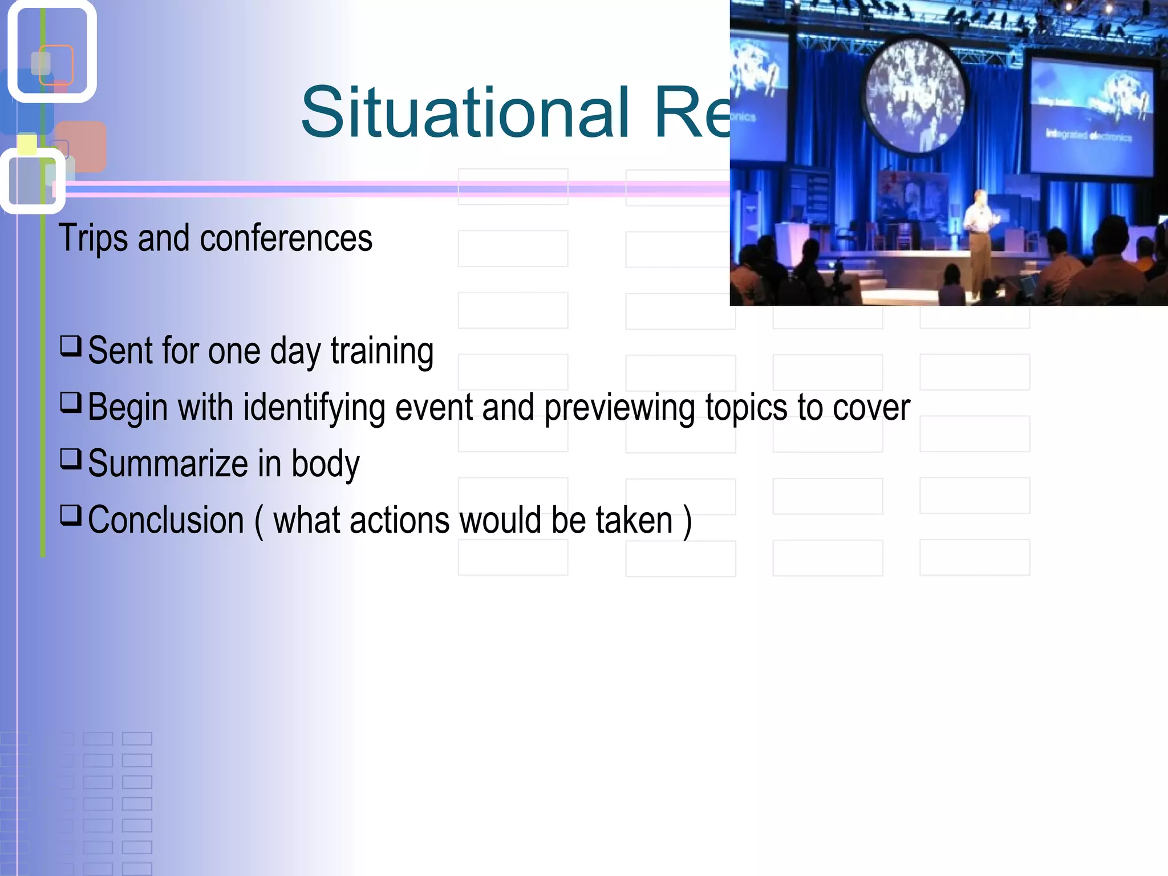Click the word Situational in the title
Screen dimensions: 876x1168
[465, 112]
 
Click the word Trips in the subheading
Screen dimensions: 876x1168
[93, 238]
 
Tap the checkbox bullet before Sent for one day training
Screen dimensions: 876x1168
[71, 346]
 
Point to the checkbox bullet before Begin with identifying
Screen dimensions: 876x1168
[71, 402]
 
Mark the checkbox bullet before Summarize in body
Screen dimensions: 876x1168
[71, 459]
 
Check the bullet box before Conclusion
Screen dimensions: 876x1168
[71, 515]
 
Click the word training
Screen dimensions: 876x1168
[382, 351]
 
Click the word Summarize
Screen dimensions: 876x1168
[168, 464]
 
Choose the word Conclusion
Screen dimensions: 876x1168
[166, 521]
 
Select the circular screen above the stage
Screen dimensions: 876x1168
[915, 96]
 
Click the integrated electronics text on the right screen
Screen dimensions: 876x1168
[1088, 136]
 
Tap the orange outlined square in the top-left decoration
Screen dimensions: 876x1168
[56, 64]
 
